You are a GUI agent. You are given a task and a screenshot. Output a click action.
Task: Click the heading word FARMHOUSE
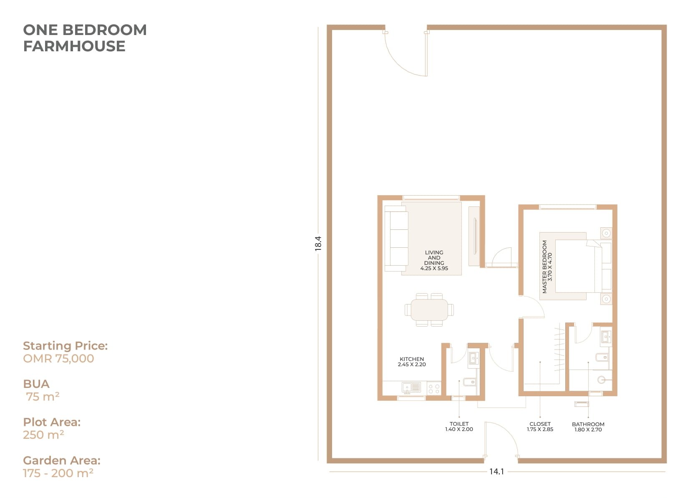74,46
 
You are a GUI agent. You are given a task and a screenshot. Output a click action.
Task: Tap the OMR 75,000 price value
58,359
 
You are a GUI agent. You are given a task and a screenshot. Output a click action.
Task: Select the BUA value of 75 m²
43,397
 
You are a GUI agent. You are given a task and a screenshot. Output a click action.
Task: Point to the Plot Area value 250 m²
43,435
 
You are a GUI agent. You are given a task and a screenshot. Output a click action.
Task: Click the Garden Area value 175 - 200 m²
58,473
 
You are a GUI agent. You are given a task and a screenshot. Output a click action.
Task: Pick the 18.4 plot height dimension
318,244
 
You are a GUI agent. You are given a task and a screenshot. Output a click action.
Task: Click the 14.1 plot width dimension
496,472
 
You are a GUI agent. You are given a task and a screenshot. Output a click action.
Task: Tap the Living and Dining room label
434,261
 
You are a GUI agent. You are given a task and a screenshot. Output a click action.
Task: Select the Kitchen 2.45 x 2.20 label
411,362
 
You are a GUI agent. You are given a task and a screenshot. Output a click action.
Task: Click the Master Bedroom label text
547,267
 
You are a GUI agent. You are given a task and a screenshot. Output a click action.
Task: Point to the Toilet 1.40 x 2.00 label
459,427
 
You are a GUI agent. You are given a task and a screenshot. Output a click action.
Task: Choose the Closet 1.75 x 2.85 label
540,427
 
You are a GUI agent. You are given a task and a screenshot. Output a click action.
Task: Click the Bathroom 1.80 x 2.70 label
588,427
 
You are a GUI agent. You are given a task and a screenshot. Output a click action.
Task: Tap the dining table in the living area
429,310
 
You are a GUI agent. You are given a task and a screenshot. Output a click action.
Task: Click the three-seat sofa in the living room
396,239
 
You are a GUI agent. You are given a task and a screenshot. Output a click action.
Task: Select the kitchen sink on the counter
411,388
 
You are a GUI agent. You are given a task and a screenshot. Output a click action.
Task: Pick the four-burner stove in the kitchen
434,388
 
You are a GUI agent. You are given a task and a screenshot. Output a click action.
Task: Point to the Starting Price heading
65,346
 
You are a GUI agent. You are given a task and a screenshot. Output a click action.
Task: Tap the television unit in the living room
474,236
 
